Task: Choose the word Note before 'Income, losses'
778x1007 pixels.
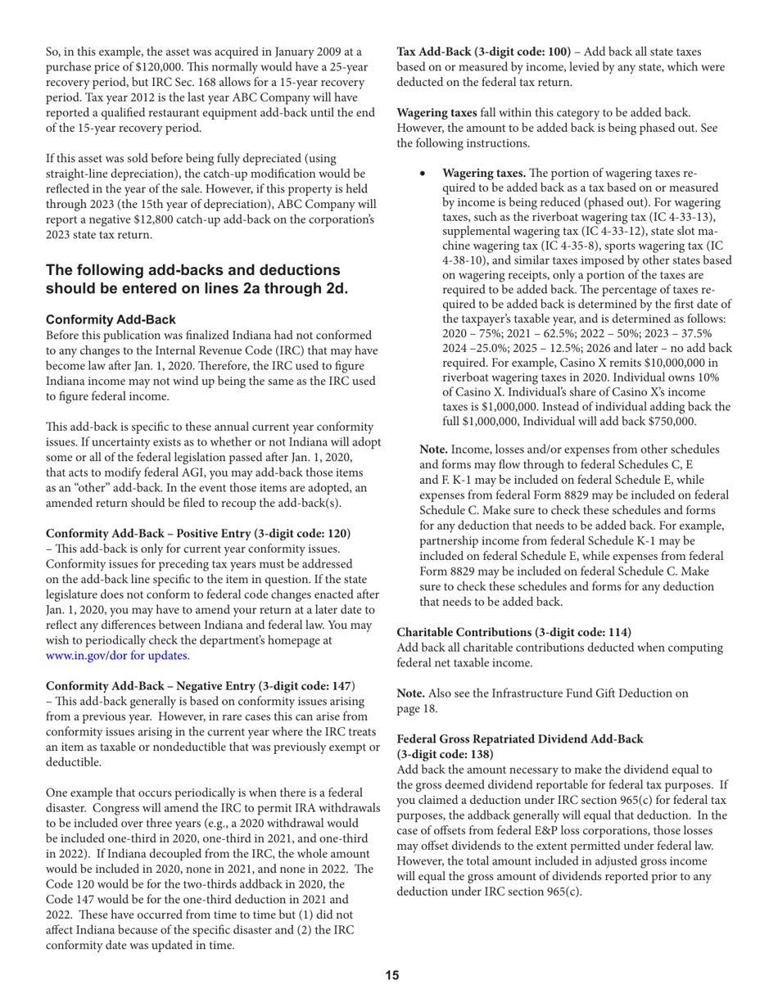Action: pyautogui.click(x=436, y=451)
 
